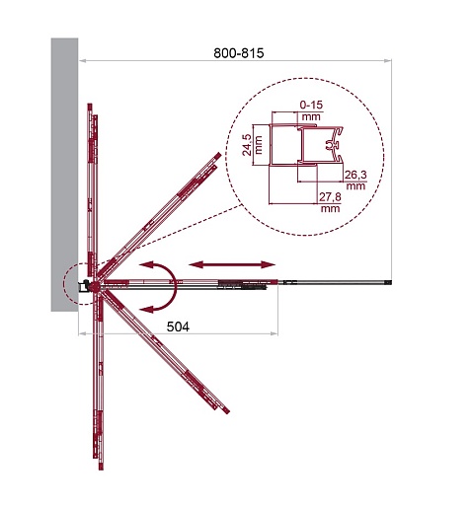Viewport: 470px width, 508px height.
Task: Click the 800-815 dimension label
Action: [239, 53]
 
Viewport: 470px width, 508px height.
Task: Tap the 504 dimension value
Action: [178, 327]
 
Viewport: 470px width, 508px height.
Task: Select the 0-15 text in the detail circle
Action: [311, 106]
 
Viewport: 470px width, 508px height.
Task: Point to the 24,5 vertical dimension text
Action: [247, 145]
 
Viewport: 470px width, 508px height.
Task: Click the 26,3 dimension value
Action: [355, 175]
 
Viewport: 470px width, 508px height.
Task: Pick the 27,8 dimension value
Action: [330, 197]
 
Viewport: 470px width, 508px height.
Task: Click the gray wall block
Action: [64, 175]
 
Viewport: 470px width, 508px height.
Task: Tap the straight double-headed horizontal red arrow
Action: [232, 264]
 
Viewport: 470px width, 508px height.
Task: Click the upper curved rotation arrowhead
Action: [146, 264]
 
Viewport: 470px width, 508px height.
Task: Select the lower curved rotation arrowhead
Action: [146, 309]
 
